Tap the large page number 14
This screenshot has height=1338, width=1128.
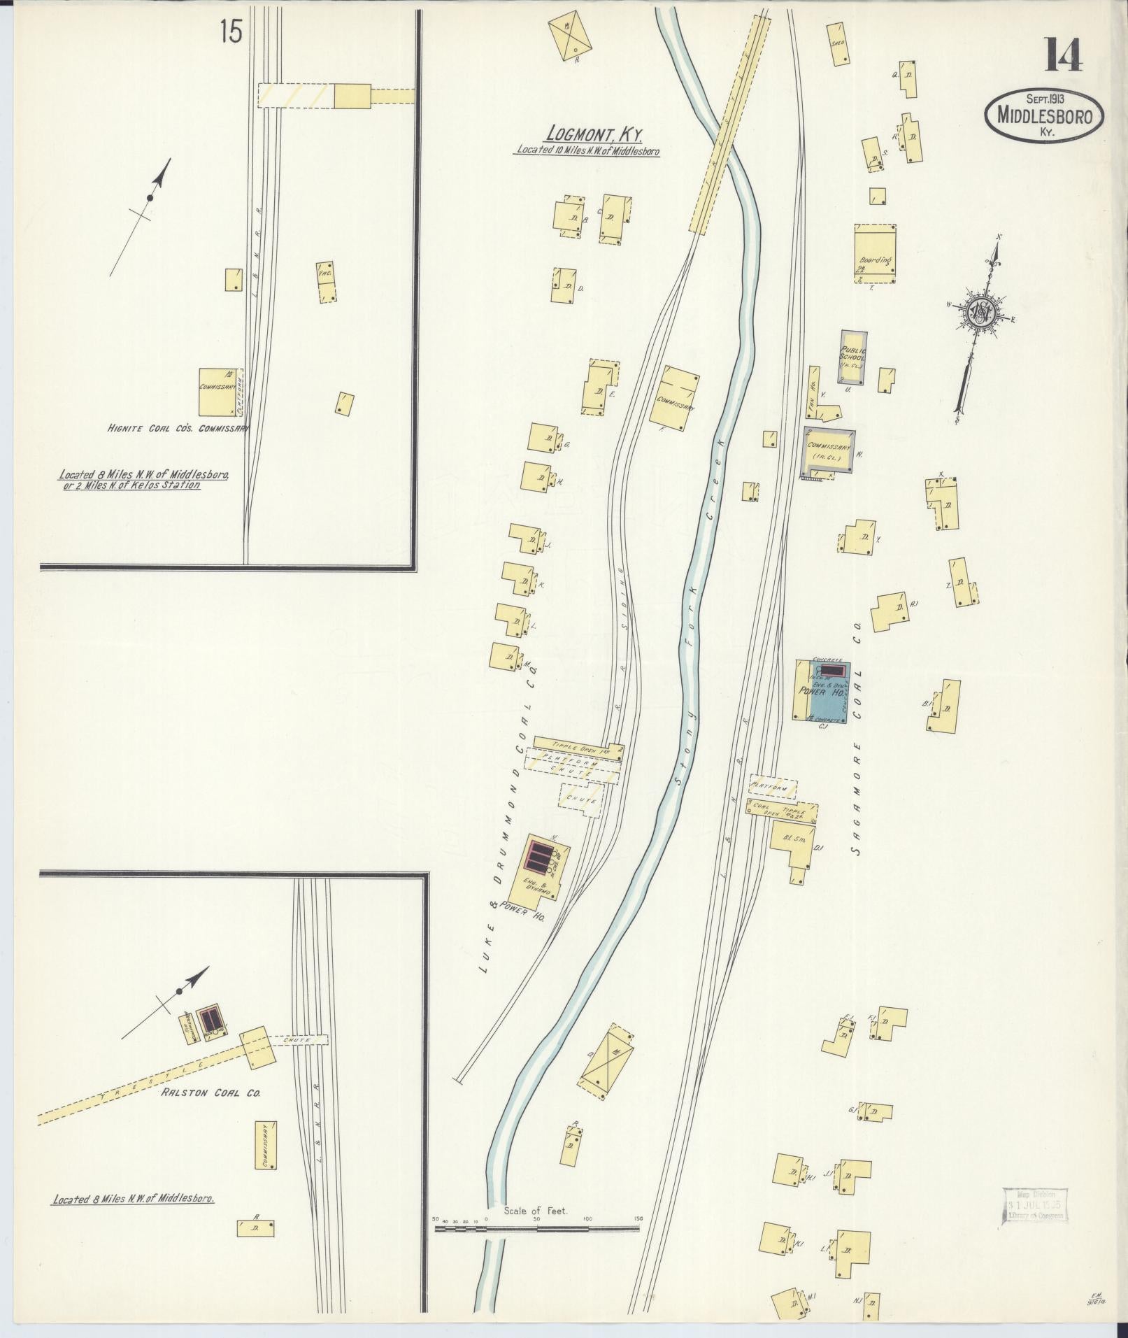tap(1064, 55)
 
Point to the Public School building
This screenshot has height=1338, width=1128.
tap(853, 357)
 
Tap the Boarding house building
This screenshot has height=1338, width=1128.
tap(874, 253)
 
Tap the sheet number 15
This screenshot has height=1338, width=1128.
tap(230, 32)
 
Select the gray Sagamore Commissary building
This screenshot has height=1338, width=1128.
tap(829, 451)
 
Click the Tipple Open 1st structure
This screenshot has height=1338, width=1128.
tap(578, 744)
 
